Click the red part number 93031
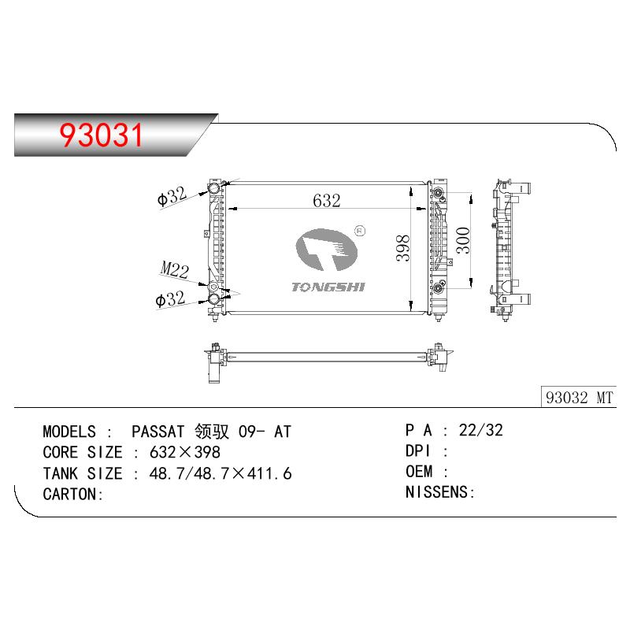(x=102, y=135)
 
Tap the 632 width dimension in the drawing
(x=326, y=201)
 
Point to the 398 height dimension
(x=402, y=248)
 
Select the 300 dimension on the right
(x=463, y=240)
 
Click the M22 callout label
(x=174, y=269)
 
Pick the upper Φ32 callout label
(x=172, y=196)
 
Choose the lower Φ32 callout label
(x=170, y=299)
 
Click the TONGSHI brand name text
(x=328, y=287)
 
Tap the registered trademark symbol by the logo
(x=360, y=231)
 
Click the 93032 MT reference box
(x=579, y=398)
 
